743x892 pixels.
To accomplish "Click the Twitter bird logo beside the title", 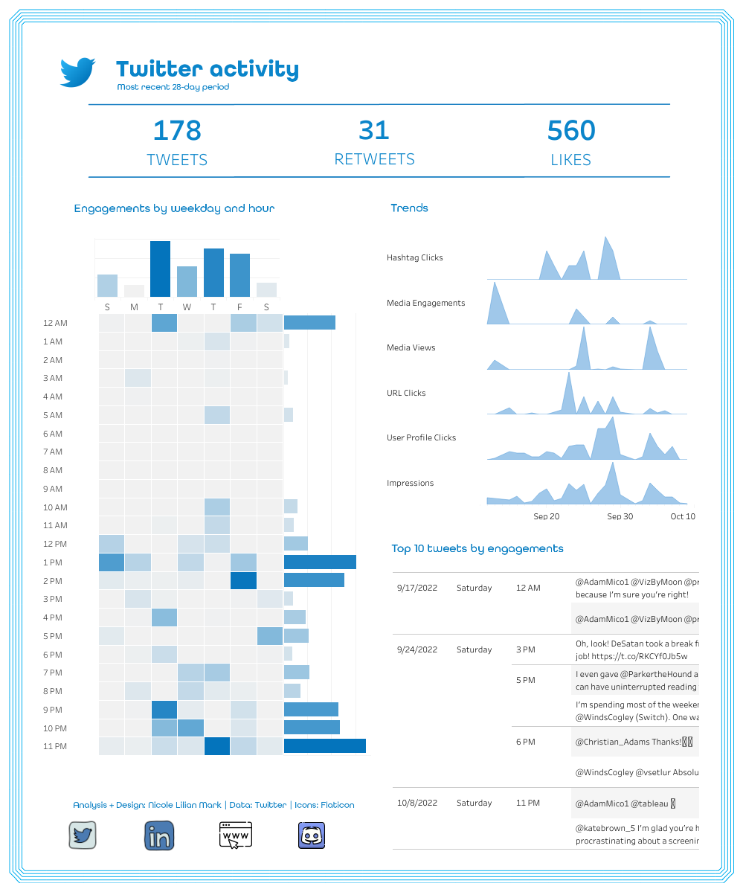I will pos(77,72).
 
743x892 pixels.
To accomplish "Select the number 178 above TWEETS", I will pos(177,131).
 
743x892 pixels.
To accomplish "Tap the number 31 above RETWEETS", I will pos(374,131).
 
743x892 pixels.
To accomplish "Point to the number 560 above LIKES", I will pos(571,131).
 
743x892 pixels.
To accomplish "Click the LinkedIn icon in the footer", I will pos(159,835).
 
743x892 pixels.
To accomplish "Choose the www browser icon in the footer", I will pos(236,835).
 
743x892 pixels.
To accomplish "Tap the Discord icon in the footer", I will pos(312,835).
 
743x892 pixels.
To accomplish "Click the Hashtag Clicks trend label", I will pos(414,257).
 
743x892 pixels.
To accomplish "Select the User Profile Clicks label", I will pos(421,437).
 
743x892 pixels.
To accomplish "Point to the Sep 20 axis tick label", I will pos(547,516).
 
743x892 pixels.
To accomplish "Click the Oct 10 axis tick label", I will pos(682,516).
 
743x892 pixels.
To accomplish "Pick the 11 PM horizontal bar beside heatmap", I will pos(325,746).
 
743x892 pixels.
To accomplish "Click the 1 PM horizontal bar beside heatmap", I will pos(320,562).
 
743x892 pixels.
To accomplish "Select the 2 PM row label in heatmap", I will pos(53,581).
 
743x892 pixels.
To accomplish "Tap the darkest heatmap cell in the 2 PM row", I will pos(243,580).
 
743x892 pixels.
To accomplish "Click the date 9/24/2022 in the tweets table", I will pos(417,649).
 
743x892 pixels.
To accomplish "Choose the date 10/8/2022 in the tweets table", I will pos(417,803).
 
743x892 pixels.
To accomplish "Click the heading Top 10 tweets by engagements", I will pos(477,548).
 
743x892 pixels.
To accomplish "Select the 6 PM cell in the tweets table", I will pos(525,742).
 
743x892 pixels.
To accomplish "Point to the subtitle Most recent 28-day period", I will pos(173,87).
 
